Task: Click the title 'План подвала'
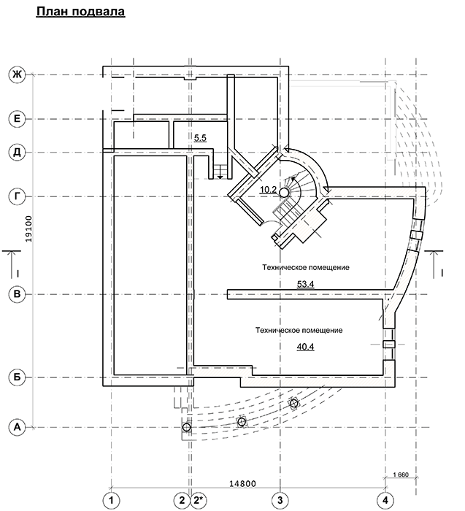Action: pyautogui.click(x=80, y=12)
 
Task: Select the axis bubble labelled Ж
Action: pyautogui.click(x=15, y=74)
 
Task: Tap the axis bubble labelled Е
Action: pyautogui.click(x=15, y=118)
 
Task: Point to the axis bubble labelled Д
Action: pyautogui.click(x=15, y=153)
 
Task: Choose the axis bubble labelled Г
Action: pyautogui.click(x=15, y=196)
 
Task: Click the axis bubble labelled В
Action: pyautogui.click(x=15, y=294)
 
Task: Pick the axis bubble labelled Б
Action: pyautogui.click(x=15, y=377)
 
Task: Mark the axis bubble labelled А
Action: pyautogui.click(x=15, y=427)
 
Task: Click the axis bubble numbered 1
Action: pyautogui.click(x=110, y=500)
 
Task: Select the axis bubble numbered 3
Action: pyautogui.click(x=280, y=500)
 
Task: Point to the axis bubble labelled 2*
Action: pyautogui.click(x=199, y=500)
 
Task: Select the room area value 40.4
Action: pyautogui.click(x=305, y=347)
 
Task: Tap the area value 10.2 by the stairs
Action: pyautogui.click(x=268, y=191)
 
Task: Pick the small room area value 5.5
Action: pyautogui.click(x=201, y=137)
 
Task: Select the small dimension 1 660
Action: pyautogui.click(x=400, y=475)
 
